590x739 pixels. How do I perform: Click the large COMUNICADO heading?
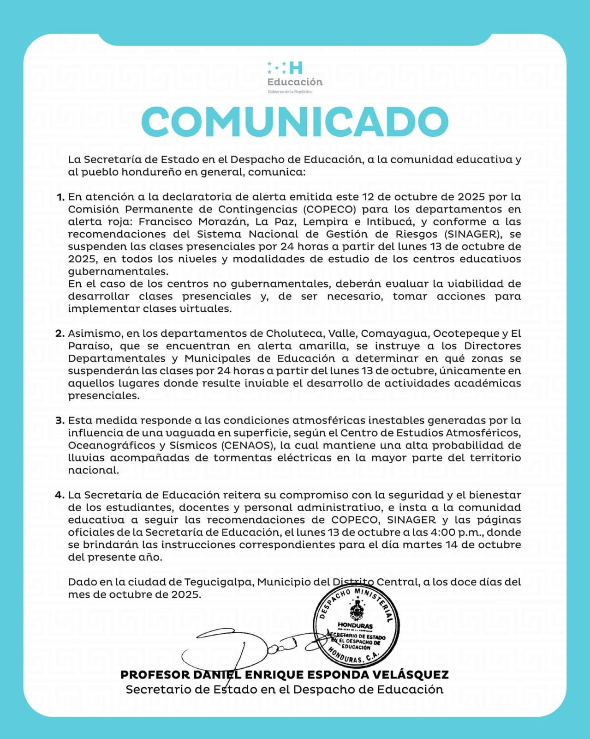(295, 121)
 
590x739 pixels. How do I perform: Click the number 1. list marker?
(60, 197)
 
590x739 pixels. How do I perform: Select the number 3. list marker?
(60, 421)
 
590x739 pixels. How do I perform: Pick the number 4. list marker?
(60, 495)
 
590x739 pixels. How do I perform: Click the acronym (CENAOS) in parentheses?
(249, 446)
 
